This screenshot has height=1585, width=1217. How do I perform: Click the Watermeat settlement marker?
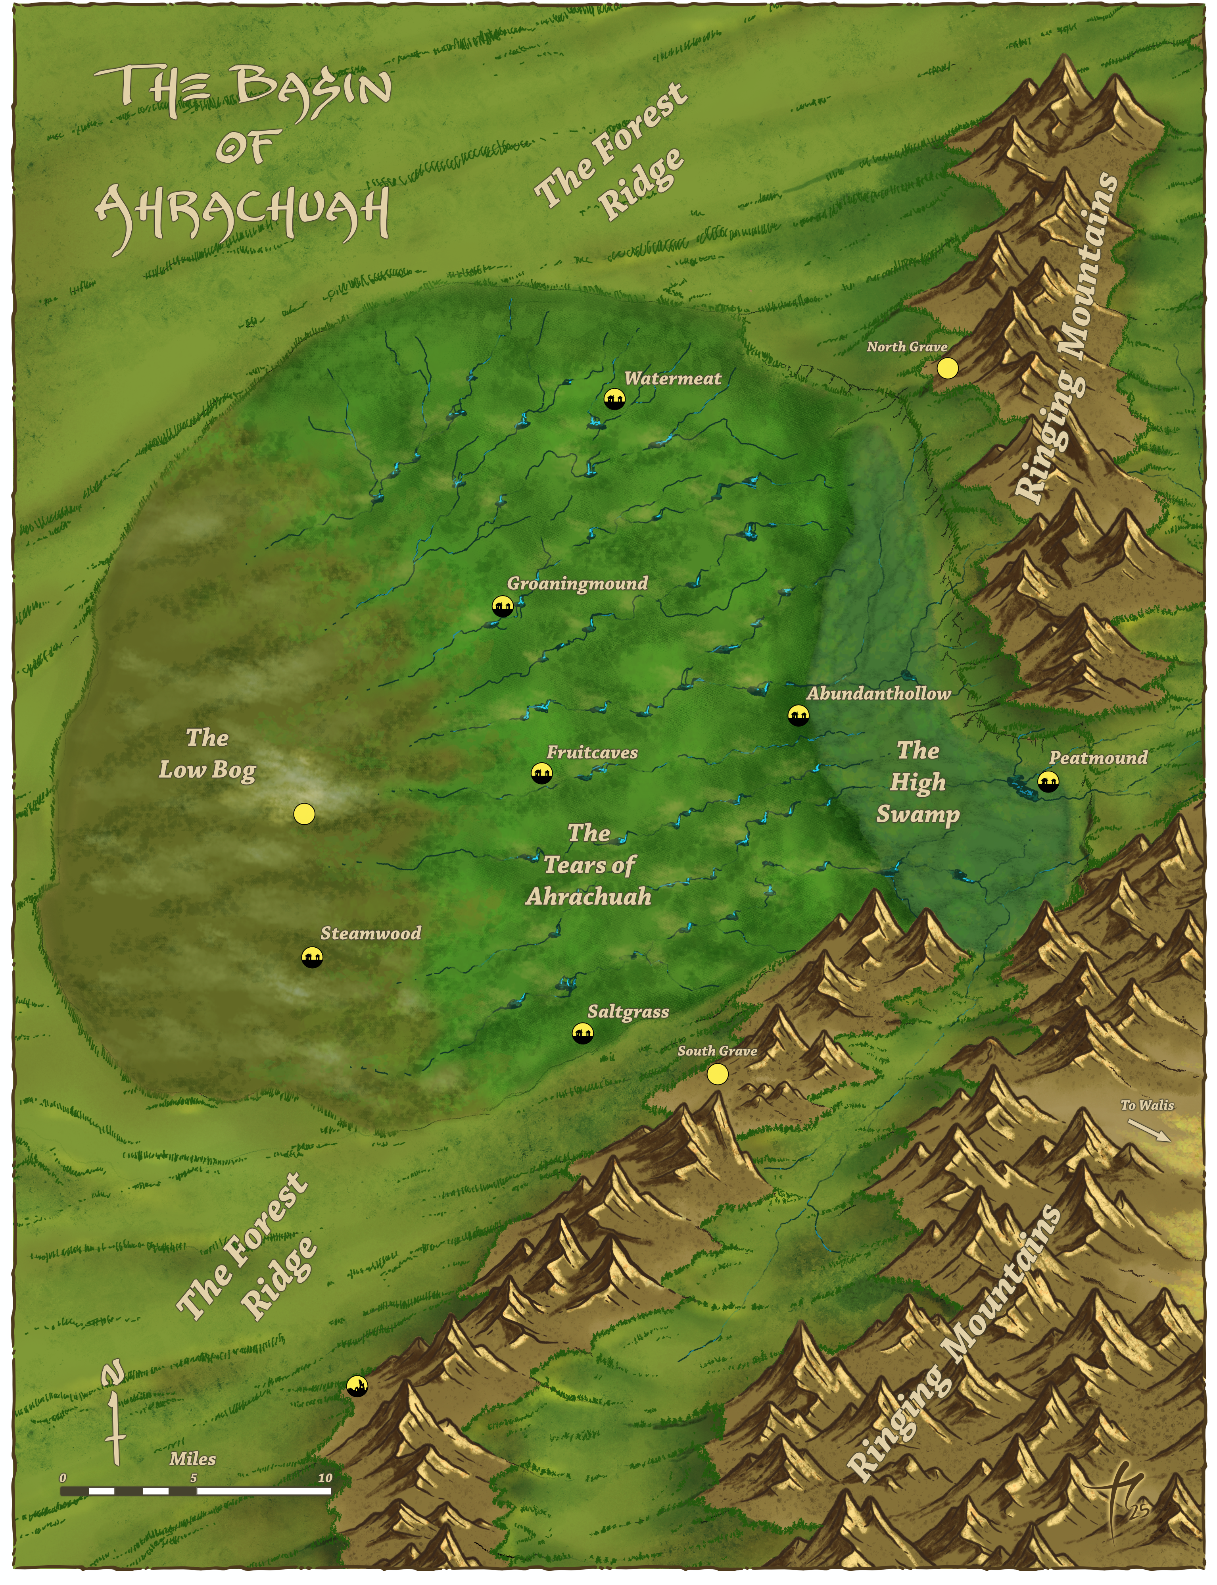click(614, 398)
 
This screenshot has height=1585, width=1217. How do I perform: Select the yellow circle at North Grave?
click(947, 368)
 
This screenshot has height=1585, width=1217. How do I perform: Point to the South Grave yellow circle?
click(717, 1074)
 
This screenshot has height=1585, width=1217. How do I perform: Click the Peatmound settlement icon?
click(1048, 781)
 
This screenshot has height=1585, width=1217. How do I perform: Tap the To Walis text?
click(1147, 1105)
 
